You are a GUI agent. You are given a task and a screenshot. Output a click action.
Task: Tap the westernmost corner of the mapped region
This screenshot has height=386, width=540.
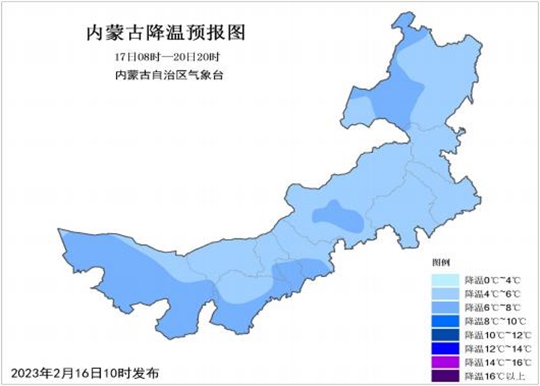59,229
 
